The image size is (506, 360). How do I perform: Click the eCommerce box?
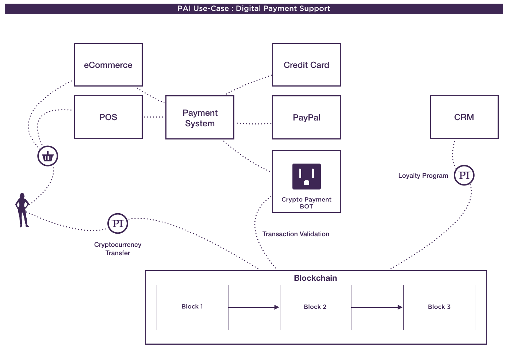click(x=108, y=65)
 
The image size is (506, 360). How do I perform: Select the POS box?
click(x=108, y=117)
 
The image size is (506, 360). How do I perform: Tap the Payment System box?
click(x=200, y=118)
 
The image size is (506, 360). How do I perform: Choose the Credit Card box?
click(x=306, y=65)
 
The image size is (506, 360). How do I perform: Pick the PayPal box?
click(x=306, y=117)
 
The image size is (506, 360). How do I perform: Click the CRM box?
click(x=464, y=117)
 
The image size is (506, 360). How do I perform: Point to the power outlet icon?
click(x=307, y=176)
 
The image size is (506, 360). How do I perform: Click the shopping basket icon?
click(x=48, y=156)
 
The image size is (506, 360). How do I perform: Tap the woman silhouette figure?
click(x=22, y=210)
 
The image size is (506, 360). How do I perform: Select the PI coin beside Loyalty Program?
click(x=464, y=175)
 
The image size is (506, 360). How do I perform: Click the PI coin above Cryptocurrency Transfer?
click(x=118, y=223)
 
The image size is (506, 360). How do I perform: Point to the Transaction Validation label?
click(x=296, y=234)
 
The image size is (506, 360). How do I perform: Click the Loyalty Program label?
click(x=423, y=176)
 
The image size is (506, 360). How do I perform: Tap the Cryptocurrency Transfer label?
click(x=118, y=249)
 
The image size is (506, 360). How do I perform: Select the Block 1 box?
click(x=192, y=307)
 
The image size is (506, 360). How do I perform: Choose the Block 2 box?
click(x=315, y=307)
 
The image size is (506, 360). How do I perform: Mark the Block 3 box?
click(x=439, y=307)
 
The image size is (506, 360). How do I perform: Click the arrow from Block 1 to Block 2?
click(x=254, y=307)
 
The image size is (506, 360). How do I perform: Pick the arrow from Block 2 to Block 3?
click(x=377, y=307)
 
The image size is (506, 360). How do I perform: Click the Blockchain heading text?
click(x=315, y=278)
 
